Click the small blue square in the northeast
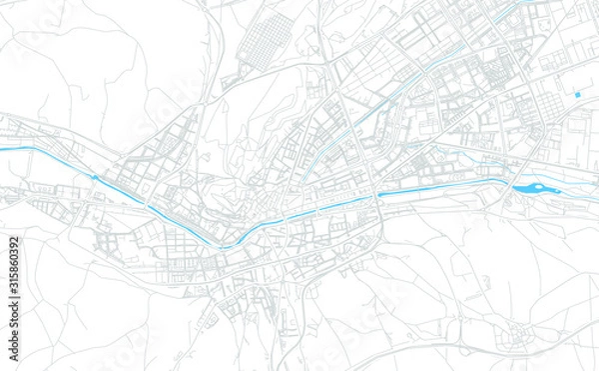(x=577, y=95)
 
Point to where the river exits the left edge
(x=2, y=148)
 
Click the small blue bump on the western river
(x=96, y=177)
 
